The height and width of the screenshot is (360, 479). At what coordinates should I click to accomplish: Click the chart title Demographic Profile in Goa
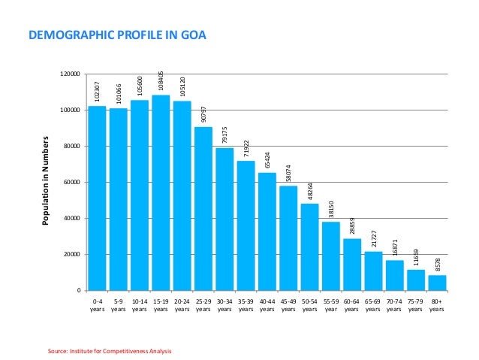coord(117,35)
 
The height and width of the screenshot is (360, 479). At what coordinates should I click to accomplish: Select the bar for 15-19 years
coord(161,192)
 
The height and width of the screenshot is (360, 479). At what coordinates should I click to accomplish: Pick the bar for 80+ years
coord(437,283)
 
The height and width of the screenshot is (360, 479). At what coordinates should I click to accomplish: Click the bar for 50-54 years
coord(309,247)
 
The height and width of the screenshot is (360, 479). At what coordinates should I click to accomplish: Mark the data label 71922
coord(246,148)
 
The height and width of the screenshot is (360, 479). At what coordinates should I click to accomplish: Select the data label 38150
coord(331,209)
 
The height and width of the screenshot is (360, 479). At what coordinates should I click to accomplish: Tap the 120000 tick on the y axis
coord(71,74)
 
